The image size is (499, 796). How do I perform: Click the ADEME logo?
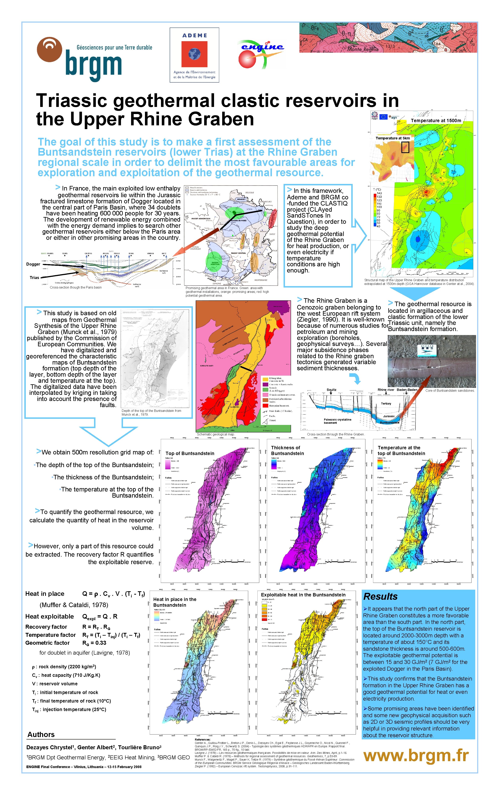pos(194,55)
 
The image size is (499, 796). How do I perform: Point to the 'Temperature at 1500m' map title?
pos(436,120)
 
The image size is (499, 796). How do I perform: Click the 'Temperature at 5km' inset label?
pos(392,138)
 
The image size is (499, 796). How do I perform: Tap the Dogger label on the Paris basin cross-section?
pos(33,264)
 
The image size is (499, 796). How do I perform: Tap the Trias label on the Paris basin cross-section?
pos(34,278)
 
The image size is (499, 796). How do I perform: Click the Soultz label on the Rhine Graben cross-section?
pos(331,390)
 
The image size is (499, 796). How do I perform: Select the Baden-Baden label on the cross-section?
pos(407,390)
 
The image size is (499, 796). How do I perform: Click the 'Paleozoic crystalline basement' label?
pos(337,421)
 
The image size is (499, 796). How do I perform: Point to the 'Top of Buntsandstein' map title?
pos(190,453)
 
